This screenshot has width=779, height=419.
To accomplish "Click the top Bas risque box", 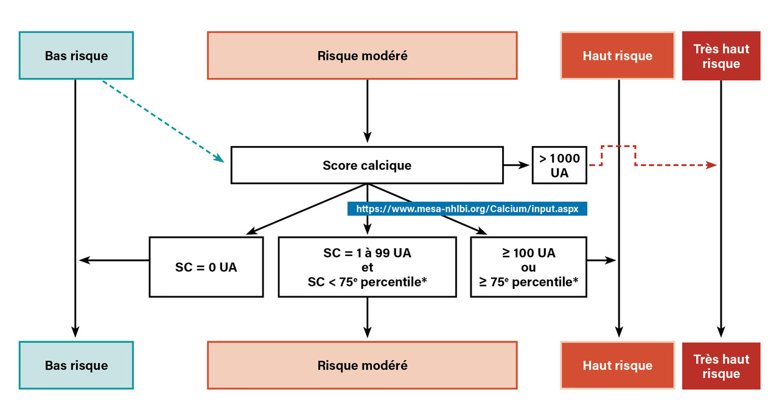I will [76, 55].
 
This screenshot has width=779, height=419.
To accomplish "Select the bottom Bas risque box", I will [76, 365].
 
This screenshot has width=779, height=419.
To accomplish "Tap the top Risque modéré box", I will [362, 55].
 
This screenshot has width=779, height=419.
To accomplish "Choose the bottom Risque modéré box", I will [362, 365].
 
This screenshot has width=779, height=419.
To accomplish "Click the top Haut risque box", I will [617, 55].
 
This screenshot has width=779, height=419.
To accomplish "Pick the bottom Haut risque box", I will [617, 365].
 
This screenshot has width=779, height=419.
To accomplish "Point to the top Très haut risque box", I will [721, 55].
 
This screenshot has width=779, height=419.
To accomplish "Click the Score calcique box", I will [367, 165].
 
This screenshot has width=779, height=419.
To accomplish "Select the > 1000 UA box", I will [559, 165].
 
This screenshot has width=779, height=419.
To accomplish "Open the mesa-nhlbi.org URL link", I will [467, 208].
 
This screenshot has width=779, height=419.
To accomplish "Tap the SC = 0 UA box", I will [206, 267].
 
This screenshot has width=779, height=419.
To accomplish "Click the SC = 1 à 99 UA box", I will [367, 267].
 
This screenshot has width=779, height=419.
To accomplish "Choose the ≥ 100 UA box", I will [528, 267].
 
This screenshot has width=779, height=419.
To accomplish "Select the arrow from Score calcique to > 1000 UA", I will [517, 165].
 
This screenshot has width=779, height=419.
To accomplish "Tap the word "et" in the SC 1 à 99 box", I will [367, 268].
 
